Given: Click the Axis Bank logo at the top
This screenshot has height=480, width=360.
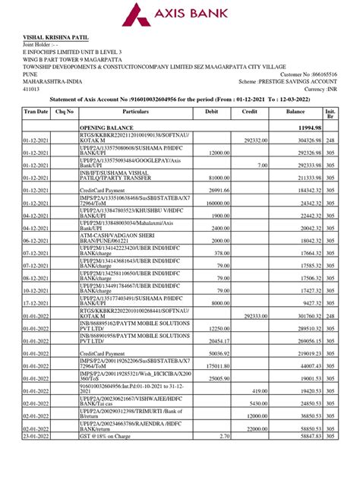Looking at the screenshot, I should coord(180,15).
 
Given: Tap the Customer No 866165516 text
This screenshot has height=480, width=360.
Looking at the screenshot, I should coord(312,74).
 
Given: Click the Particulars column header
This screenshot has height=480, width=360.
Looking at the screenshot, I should coord(135,111).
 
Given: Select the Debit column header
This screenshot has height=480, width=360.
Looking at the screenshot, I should coord(210,111).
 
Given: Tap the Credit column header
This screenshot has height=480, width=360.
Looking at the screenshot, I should coord(250,111).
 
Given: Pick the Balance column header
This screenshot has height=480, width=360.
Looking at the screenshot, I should coord(295,111).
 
